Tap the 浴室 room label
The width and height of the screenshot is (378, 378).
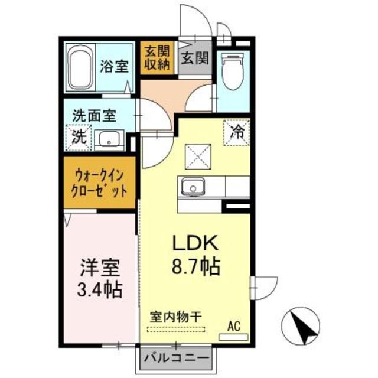[x=114, y=66]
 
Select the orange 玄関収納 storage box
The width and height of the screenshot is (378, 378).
[x=156, y=57]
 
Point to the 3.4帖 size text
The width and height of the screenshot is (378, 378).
[x=99, y=290]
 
